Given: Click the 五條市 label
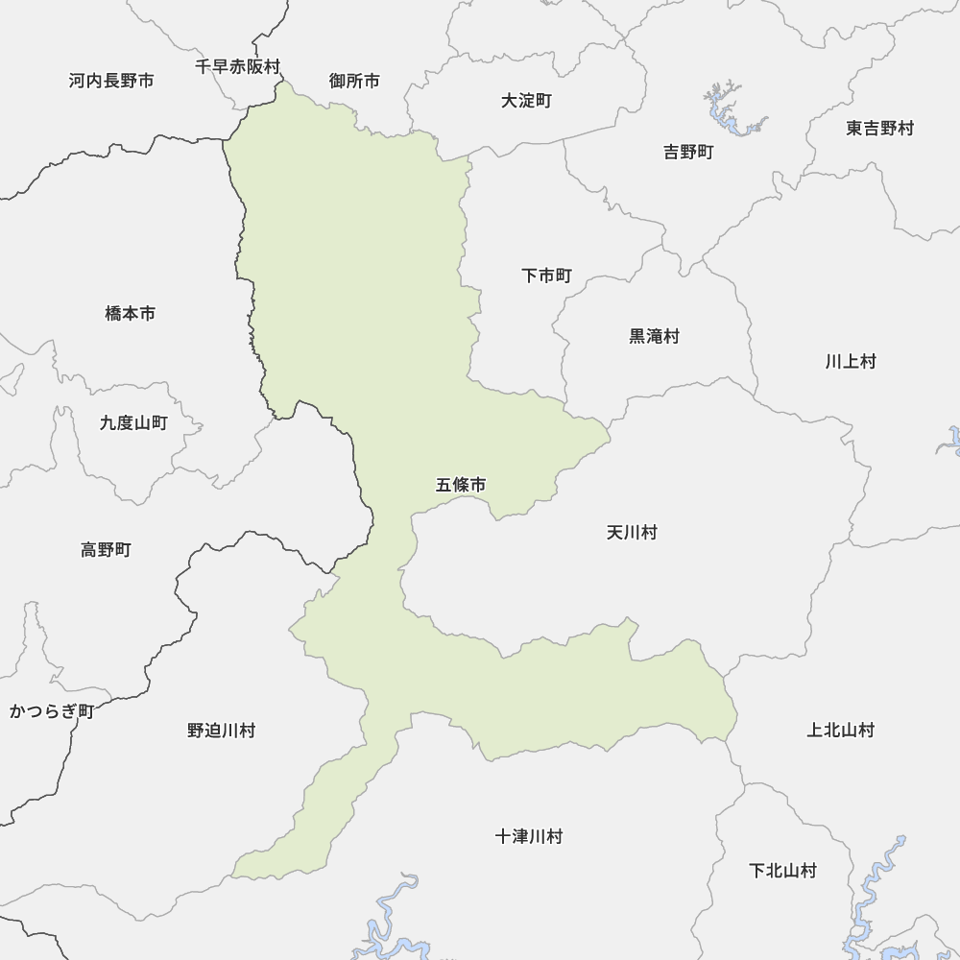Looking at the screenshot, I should pos(461,486).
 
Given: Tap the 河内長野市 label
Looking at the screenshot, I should pos(111,81).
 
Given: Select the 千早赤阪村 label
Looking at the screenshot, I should pos(237,67).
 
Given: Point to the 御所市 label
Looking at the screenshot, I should pos(354,81).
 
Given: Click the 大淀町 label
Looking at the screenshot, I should pos(526,101).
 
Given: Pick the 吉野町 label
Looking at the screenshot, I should pos(688,152).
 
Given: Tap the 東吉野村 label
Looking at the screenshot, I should pos(879,128).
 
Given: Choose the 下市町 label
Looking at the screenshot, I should pos(546,276).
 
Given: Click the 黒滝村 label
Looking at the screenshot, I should pos(654,336).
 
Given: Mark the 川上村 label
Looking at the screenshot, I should pos(850,362).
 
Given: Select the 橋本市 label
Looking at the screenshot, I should pos(130,313).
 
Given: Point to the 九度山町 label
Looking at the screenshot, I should pos(133,422).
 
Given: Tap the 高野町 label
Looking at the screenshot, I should pos(106,550).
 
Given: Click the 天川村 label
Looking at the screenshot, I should pos(632,532).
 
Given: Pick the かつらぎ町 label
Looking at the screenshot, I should pos(51,711).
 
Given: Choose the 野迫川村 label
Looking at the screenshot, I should pos(221,731).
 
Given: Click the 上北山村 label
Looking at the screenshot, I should pos(840,731).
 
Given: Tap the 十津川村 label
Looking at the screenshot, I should pos(529,836).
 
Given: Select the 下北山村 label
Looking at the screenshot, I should pos(782,871).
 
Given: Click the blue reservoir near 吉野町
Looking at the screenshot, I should pos(727,113).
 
